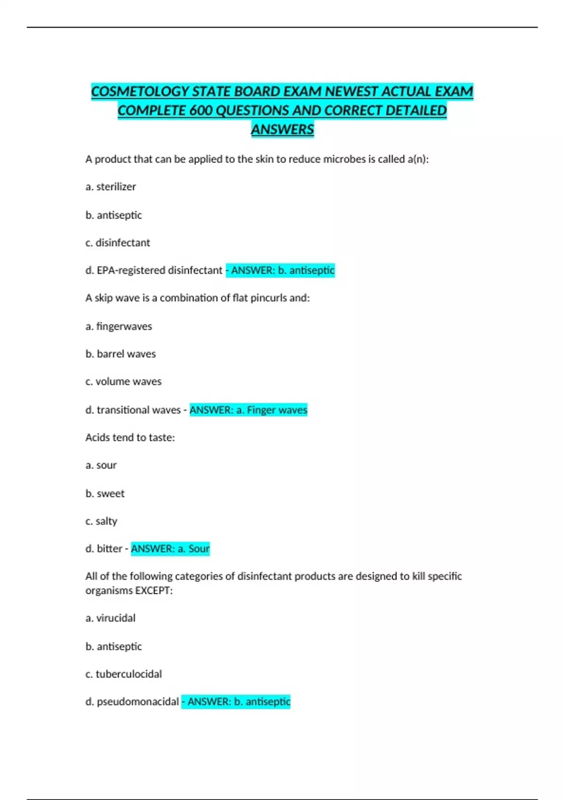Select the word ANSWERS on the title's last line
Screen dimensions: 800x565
pyautogui.click(x=282, y=129)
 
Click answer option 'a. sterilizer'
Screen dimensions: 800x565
pyautogui.click(x=111, y=187)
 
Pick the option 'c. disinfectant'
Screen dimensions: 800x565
pyautogui.click(x=118, y=243)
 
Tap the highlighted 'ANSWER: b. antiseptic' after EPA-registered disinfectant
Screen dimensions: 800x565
pyautogui.click(x=281, y=270)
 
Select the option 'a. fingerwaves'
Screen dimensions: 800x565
pyautogui.click(x=119, y=326)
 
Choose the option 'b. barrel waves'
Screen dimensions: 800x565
pyautogui.click(x=121, y=354)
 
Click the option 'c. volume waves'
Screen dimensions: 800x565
pyautogui.click(x=123, y=382)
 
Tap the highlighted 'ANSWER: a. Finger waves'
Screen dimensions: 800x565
pyautogui.click(x=248, y=410)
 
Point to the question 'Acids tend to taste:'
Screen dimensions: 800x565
pyautogui.click(x=130, y=438)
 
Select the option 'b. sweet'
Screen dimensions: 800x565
pyautogui.click(x=105, y=494)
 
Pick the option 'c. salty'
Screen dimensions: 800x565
pyautogui.click(x=101, y=521)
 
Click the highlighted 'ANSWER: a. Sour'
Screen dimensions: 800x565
pyautogui.click(x=170, y=549)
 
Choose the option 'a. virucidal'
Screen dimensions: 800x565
pyautogui.click(x=110, y=618)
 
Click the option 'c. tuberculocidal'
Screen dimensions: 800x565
pyautogui.click(x=123, y=674)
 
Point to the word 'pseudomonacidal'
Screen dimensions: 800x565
pyautogui.click(x=137, y=702)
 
